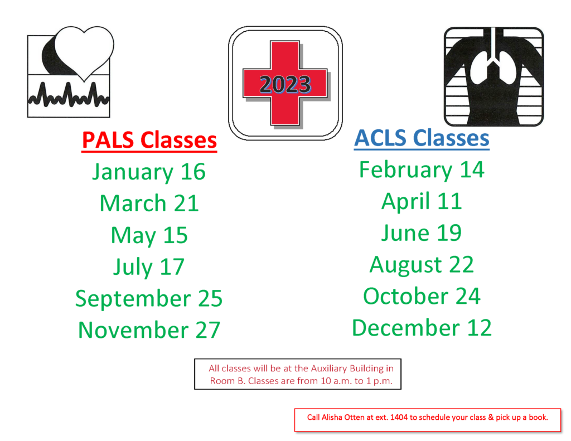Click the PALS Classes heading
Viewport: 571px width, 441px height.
149,140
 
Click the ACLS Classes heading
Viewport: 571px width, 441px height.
422,138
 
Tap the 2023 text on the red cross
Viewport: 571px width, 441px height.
285,85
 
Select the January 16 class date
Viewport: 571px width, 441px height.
149,172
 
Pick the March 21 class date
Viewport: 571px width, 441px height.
149,203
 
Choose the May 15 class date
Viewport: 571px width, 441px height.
149,235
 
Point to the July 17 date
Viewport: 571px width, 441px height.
149,267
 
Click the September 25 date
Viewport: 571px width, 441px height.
149,299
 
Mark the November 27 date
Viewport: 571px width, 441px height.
149,330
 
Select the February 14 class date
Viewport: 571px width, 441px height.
422,169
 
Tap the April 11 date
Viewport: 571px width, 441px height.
422,201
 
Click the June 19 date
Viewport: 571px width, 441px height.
422,233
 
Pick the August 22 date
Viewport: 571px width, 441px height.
422,264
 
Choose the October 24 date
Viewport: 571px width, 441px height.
422,296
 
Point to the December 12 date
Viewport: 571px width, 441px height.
422,328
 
